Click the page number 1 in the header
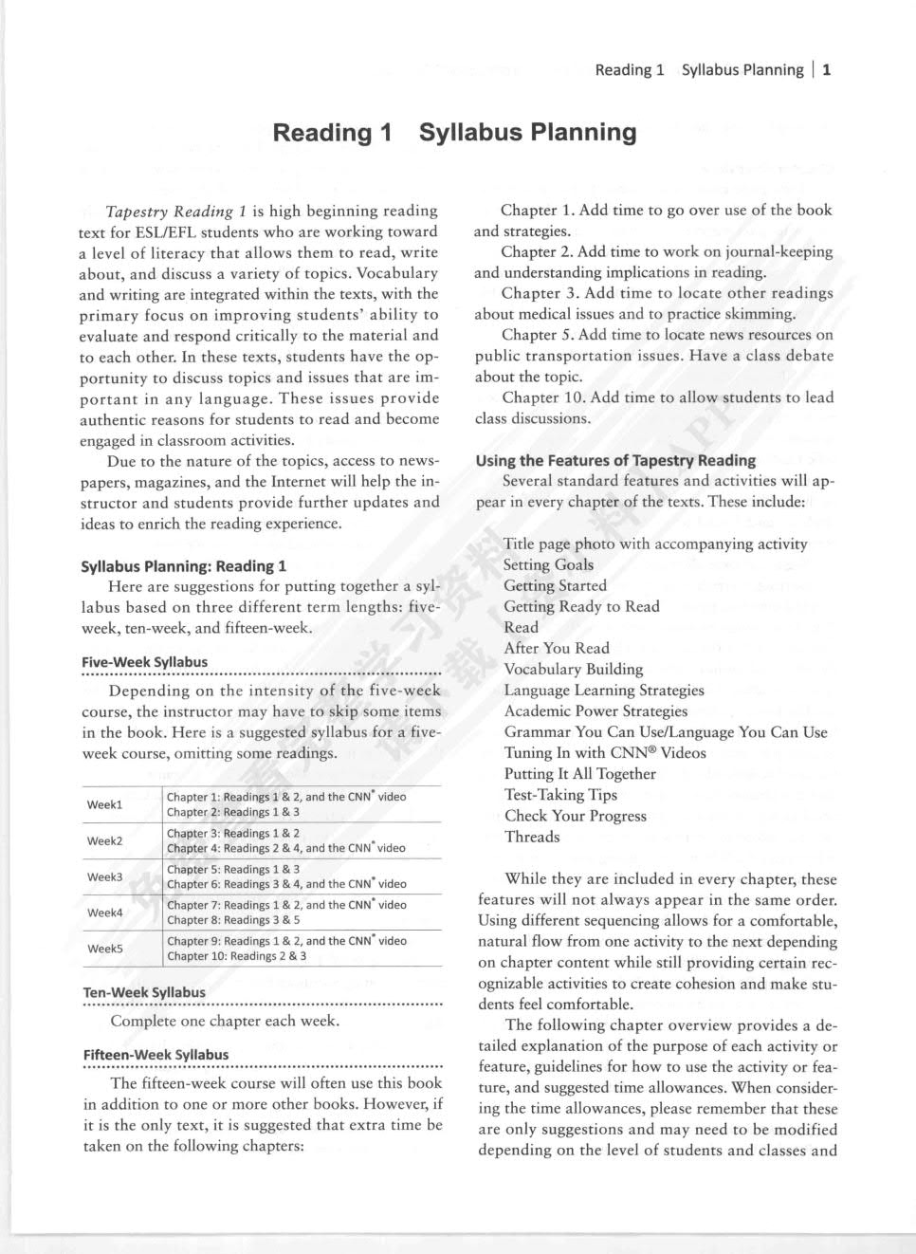(827, 69)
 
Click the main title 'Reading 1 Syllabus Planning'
(454, 132)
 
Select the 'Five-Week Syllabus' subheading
(144, 662)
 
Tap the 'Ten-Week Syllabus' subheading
(144, 992)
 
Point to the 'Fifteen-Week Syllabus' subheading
(156, 1055)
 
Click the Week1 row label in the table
(104, 804)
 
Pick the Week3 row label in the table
(104, 876)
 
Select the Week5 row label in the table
(104, 949)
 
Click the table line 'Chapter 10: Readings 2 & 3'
(236, 956)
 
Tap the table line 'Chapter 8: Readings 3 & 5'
(232, 920)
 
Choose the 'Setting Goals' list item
(548, 564)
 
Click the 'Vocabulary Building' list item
(573, 669)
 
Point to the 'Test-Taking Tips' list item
(560, 795)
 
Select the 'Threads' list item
(532, 837)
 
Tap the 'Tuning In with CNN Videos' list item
(605, 753)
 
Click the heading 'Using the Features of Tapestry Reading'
(615, 460)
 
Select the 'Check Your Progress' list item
(575, 816)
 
